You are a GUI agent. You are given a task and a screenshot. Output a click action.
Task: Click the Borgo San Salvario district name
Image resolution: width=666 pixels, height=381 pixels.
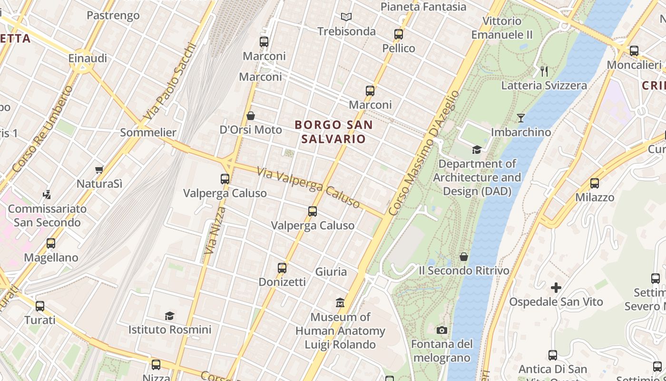[333, 132]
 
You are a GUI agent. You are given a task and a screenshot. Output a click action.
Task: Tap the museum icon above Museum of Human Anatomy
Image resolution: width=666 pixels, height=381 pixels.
[340, 302]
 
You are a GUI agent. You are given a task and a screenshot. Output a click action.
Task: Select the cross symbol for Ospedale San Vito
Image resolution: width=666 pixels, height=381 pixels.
[556, 288]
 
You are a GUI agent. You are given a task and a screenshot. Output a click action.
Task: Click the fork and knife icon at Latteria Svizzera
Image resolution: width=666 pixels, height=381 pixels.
[544, 71]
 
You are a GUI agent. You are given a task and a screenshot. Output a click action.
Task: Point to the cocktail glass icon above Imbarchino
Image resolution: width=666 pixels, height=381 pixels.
[521, 118]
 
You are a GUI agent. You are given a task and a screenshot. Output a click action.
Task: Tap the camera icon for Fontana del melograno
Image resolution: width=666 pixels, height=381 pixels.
[441, 330]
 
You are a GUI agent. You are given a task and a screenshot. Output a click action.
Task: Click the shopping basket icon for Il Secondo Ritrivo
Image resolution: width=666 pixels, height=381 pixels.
[464, 257]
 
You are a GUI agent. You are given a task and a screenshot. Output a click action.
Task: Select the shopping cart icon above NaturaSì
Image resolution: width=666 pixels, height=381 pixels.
[99, 170]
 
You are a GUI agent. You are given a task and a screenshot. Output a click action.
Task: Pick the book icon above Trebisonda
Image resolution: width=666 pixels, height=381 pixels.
[346, 17]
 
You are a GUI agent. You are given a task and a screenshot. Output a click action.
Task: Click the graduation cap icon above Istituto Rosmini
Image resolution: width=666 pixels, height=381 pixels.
[169, 315]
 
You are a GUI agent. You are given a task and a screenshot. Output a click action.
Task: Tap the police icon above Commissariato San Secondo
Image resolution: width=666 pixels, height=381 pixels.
[47, 194]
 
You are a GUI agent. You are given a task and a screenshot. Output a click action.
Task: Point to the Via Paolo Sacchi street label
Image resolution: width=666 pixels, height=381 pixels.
[170, 82]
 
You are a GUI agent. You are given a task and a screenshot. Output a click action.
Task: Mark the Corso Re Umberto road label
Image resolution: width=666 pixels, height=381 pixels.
[43, 130]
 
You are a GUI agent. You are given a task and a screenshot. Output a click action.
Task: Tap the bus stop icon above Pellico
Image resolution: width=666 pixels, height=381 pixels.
[399, 34]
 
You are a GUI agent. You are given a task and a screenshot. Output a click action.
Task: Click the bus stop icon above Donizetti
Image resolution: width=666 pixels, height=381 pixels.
[282, 268]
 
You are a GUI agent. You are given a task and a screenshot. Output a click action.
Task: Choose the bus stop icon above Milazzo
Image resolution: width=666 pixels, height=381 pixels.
[594, 183]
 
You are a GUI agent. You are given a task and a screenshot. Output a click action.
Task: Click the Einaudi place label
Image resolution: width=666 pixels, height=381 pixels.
[88, 58]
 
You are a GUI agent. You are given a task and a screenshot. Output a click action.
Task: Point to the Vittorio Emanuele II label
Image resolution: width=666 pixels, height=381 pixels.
[502, 28]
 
